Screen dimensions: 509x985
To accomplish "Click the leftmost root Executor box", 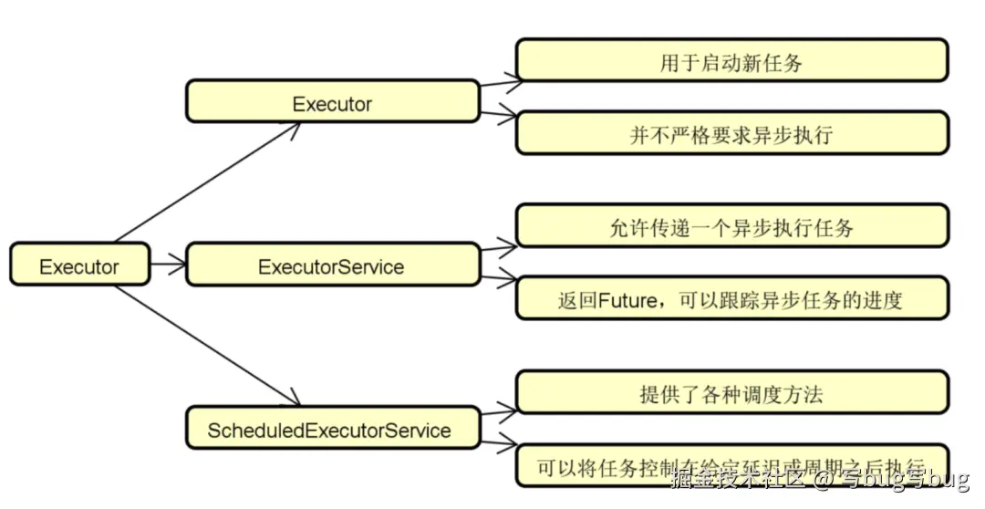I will click(x=79, y=265).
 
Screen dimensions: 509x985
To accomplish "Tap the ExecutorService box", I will click(x=332, y=265).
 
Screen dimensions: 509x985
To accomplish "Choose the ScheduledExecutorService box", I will click(x=332, y=428).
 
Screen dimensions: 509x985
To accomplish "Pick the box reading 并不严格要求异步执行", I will click(x=731, y=133).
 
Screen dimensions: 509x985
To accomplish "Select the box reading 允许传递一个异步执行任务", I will click(x=731, y=226).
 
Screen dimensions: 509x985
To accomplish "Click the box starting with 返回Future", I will click(x=731, y=298).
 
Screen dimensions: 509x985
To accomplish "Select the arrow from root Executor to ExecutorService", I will click(x=168, y=265).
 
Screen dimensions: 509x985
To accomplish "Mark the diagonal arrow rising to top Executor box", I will click(x=208, y=182).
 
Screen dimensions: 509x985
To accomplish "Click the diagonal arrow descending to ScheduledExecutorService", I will click(x=208, y=346).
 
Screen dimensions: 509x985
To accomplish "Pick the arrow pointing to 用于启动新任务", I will click(x=500, y=85).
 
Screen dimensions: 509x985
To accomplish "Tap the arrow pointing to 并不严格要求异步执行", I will click(x=500, y=114).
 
